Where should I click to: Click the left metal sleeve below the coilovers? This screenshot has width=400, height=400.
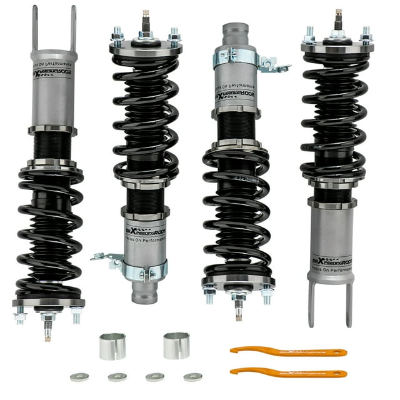[112, 346]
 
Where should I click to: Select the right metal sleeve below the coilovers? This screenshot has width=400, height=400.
[176, 345]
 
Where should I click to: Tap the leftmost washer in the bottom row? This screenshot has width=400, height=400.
[79, 377]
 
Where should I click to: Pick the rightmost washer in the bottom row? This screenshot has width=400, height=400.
[193, 377]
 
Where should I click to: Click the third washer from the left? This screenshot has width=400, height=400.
[155, 377]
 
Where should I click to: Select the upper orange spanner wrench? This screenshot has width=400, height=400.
[287, 352]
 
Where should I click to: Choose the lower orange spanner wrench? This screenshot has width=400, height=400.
[287, 372]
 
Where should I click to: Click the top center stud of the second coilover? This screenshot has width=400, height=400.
[146, 18]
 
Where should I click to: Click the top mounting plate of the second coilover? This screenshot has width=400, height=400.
[146, 46]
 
